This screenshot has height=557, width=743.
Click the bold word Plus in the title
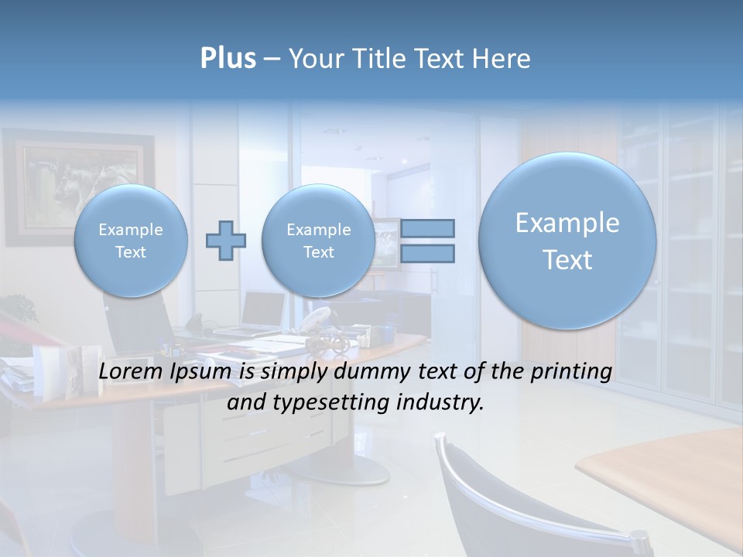tap(228, 59)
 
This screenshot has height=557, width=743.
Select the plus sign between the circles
tap(225, 241)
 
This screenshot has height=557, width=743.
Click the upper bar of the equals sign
tap(427, 228)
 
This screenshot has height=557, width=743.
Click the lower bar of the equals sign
tap(427, 253)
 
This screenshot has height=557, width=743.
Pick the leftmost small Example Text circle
tap(131, 241)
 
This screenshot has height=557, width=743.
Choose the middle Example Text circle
tap(318, 241)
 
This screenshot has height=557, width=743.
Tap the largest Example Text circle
tap(567, 241)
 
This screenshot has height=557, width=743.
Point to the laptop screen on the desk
tap(263, 309)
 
